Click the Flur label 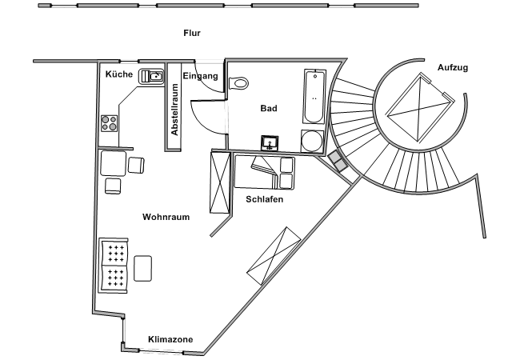191,33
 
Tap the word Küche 119,74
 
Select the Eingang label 200,76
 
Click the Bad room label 269,108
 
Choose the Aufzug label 453,68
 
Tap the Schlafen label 265,199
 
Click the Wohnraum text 166,217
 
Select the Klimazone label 170,340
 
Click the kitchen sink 152,77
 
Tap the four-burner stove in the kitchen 110,123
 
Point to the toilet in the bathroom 238,82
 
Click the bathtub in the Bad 314,97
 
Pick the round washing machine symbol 310,140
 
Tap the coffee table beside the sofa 144,267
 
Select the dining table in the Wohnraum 113,163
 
